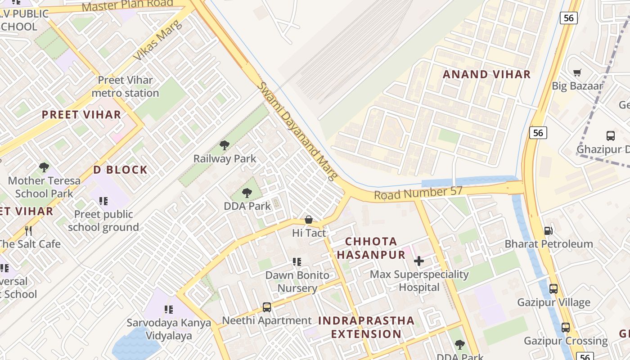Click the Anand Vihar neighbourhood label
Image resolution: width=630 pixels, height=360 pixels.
click(x=487, y=74)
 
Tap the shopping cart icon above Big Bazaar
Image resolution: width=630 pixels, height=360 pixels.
click(x=577, y=72)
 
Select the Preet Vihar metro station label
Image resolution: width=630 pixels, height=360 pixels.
click(x=126, y=86)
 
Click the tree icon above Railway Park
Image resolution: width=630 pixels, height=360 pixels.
click(x=225, y=145)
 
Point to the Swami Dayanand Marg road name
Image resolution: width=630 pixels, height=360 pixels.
click(x=297, y=131)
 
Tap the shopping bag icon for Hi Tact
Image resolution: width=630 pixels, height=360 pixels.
click(x=309, y=220)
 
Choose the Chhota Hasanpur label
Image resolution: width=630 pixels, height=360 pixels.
click(x=371, y=248)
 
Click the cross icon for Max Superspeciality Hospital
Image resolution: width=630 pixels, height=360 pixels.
click(x=419, y=261)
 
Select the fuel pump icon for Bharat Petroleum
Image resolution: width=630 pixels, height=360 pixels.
click(x=548, y=230)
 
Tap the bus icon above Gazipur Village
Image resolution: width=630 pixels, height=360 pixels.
click(x=553, y=288)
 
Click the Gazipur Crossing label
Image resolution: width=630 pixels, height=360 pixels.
click(x=566, y=341)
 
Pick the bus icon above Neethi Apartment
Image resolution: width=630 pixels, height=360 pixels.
click(x=267, y=307)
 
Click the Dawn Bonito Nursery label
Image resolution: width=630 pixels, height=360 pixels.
click(x=297, y=281)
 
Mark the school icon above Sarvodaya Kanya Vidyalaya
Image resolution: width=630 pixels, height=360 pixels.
click(x=169, y=309)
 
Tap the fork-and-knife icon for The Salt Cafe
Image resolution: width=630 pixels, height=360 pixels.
click(x=28, y=231)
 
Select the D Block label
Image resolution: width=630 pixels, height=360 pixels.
click(x=120, y=170)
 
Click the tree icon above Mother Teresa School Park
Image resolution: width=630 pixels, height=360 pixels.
click(x=44, y=167)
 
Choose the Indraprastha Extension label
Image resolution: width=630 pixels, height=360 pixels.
click(x=366, y=327)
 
